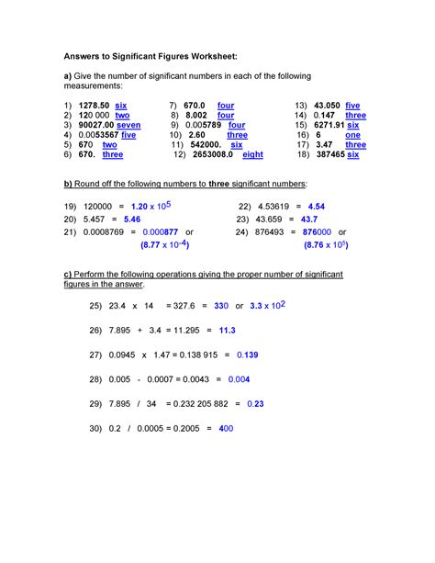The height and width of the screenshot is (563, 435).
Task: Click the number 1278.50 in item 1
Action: click(95, 107)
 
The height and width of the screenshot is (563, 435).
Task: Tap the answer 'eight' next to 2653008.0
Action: click(252, 155)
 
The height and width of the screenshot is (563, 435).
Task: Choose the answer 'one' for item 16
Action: click(353, 135)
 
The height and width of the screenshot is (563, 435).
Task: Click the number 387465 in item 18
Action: click(328, 155)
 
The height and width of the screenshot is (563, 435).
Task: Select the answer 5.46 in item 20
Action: click(131, 220)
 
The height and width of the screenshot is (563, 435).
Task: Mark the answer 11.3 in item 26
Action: click(228, 329)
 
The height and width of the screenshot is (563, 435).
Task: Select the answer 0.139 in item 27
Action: click(247, 354)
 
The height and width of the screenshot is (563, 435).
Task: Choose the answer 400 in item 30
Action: click(226, 428)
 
